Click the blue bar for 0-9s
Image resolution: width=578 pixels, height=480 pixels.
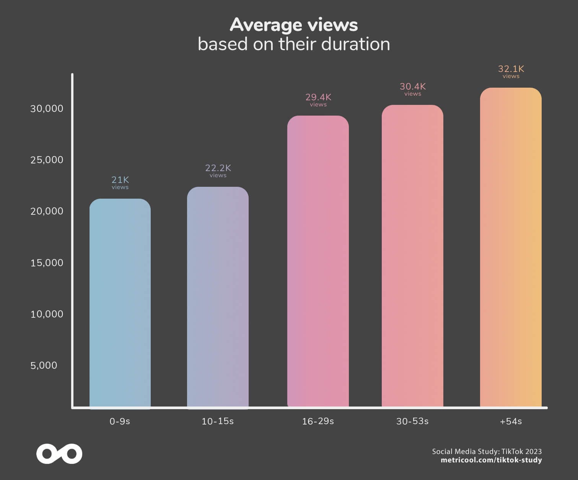tap(120, 302)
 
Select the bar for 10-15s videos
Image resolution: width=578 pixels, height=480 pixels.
tap(218, 297)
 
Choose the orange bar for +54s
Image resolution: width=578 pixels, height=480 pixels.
tap(511, 247)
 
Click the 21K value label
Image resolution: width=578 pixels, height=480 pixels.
tap(120, 180)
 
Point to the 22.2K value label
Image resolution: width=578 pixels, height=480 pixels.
tap(218, 168)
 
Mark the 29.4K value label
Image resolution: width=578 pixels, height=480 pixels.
tap(318, 97)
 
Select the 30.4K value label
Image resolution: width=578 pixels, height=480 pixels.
tap(413, 87)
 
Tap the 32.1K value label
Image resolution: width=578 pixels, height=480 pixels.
tap(511, 69)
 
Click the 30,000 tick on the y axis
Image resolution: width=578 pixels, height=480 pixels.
tap(47, 109)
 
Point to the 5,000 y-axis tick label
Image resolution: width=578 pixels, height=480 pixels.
tap(44, 365)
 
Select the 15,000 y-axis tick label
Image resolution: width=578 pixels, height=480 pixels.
tap(47, 263)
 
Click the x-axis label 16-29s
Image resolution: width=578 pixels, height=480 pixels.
tap(318, 421)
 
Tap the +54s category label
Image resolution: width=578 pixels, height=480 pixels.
tap(511, 421)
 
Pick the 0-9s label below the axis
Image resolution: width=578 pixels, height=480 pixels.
tap(120, 421)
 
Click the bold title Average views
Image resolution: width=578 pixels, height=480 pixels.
tap(294, 25)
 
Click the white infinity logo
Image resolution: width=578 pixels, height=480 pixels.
tap(59, 454)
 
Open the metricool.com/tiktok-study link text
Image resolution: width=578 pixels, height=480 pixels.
tap(491, 460)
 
